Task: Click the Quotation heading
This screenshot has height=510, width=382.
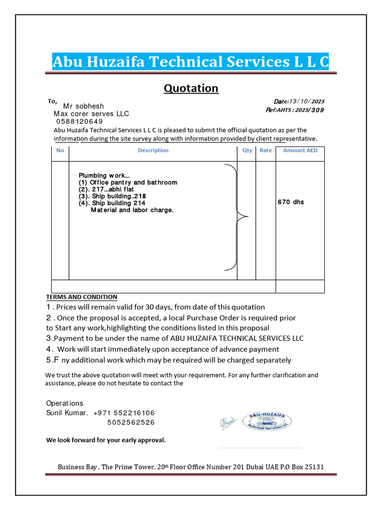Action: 191,89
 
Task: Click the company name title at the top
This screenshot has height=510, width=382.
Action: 191,62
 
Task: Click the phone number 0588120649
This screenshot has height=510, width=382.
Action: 80,121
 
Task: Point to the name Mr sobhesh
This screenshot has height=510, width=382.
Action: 84,106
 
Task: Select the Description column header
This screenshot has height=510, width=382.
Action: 153,150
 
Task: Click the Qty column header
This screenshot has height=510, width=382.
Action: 247,150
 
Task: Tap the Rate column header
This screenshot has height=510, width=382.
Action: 266,150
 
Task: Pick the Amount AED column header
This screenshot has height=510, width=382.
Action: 300,150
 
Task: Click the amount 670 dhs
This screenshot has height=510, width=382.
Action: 290,202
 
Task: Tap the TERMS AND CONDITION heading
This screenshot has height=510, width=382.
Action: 82,297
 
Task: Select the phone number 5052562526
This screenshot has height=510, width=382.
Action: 131,422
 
